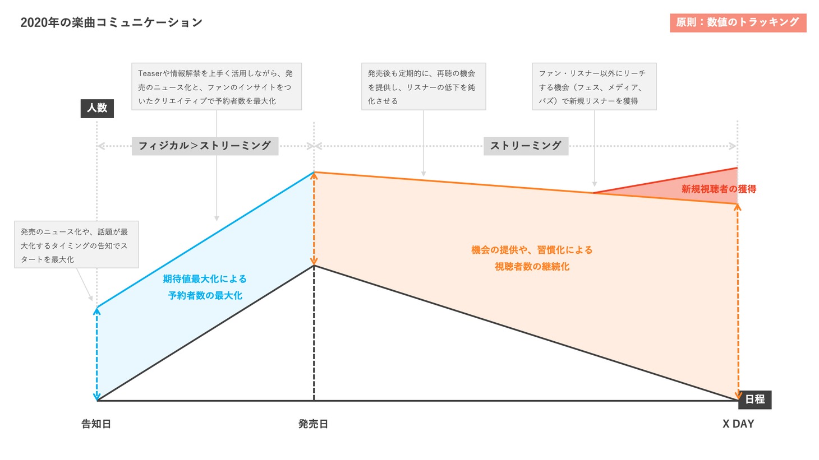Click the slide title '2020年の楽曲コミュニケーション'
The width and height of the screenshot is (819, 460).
111,22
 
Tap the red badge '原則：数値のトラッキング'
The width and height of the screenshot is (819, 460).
737,22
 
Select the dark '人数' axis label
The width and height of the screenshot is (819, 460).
97,108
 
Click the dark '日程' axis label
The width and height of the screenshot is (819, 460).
754,399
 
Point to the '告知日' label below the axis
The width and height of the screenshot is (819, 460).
96,424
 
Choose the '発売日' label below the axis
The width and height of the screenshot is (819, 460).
313,424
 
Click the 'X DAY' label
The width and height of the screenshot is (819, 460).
738,424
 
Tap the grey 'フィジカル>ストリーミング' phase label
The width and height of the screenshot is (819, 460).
205,146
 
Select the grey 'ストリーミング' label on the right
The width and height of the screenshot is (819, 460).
526,146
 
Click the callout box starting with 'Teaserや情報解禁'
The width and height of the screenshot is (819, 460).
216,87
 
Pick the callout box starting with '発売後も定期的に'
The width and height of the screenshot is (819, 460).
423,87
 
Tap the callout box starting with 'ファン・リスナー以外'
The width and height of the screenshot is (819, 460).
593,87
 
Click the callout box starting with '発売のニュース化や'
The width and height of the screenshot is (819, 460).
76,245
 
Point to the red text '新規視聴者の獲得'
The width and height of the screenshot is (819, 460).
719,189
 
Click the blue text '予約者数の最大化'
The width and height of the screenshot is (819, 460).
205,295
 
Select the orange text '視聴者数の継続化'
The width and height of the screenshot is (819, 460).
532,267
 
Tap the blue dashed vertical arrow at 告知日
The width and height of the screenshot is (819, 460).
97,353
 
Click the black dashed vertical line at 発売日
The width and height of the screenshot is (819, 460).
314,336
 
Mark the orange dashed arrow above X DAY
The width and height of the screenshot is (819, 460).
738,303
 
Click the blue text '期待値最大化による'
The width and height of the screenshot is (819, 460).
205,279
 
